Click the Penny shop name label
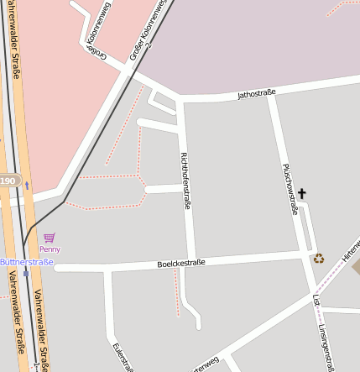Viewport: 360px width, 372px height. (50, 249)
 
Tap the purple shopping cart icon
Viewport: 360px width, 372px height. (49, 238)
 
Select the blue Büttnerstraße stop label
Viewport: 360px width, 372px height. (26, 262)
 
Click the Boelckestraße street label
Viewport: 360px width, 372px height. (181, 264)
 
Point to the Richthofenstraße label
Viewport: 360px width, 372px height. (186, 181)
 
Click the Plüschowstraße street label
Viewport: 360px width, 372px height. (291, 189)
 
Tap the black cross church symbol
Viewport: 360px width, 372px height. (302, 194)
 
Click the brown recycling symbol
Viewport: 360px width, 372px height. (319, 259)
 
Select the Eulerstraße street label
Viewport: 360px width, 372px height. (123, 356)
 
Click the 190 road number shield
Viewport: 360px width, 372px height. (8, 181)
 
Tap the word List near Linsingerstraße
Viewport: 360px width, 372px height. (316, 300)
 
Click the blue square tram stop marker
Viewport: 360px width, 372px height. (26, 272)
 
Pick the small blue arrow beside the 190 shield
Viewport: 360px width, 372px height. (26, 184)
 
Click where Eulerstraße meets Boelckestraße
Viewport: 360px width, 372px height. (109, 269)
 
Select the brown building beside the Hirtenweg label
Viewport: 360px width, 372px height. (355, 267)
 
